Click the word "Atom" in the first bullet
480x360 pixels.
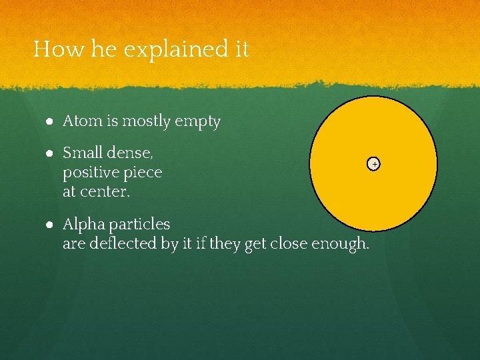tap(79, 121)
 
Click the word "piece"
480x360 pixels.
tap(143, 173)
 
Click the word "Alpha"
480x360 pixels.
tap(81, 225)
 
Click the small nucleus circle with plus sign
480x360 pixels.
tap(375, 164)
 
